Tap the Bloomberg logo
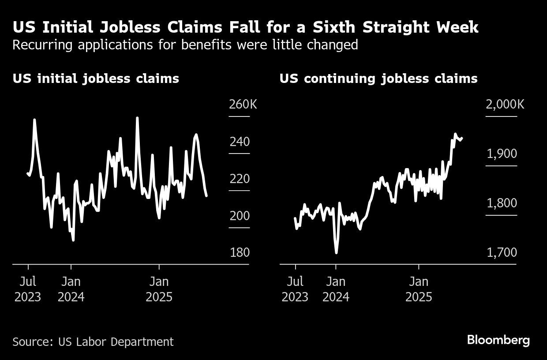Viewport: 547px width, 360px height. tap(498, 341)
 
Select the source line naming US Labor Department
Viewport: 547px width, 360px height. tap(93, 341)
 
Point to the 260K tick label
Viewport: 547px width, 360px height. tap(243, 105)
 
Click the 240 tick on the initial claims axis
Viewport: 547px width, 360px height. tap(240, 142)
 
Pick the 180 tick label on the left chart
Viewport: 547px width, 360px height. tap(240, 253)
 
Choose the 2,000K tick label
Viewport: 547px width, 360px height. tap(505, 105)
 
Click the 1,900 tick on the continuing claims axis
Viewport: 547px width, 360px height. tap(502, 154)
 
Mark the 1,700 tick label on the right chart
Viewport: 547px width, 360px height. tap(502, 253)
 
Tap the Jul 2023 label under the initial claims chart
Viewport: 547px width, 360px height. tap(28, 289)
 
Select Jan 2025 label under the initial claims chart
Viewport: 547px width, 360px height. tap(159, 289)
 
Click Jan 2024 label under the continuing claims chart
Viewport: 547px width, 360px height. tap(336, 289)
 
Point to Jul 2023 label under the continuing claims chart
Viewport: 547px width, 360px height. tap(295, 289)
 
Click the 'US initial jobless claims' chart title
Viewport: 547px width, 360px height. tap(96, 79)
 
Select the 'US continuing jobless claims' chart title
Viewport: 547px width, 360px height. tap(378, 79)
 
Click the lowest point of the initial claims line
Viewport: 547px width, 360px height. tap(73, 240)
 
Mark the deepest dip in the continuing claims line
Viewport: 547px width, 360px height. tap(337, 252)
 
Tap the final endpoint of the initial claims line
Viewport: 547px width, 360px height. tap(206, 195)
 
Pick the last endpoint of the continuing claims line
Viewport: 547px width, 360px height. tap(461, 138)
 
